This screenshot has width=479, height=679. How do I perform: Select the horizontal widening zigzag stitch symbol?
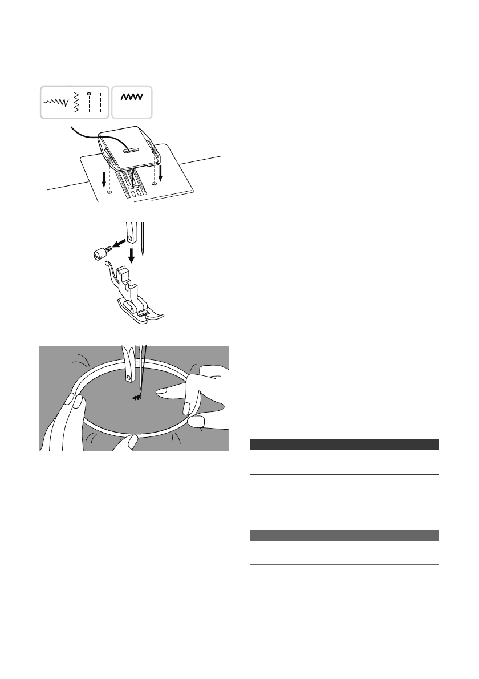coord(56,102)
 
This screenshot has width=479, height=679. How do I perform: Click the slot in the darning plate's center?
coord(130,149)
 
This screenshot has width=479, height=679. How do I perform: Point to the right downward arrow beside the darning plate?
coord(161,172)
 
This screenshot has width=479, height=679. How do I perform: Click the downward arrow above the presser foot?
coord(131,254)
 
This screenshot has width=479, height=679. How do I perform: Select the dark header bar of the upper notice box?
coord(344,444)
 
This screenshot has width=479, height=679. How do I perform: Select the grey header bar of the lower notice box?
coord(344,535)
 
